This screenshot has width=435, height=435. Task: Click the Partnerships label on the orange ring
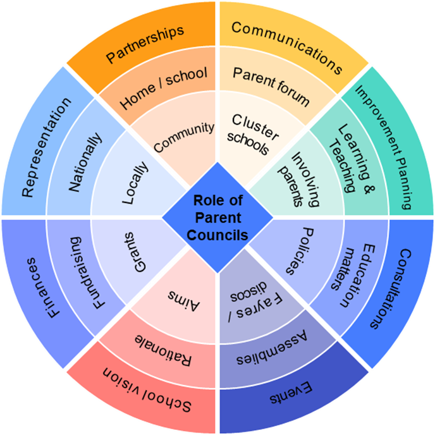click(x=145, y=44)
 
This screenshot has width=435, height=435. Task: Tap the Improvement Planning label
click(x=390, y=147)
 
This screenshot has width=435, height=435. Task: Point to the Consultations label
click(x=389, y=289)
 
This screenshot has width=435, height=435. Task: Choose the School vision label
click(x=147, y=390)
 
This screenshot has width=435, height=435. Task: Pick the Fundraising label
click(x=85, y=272)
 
